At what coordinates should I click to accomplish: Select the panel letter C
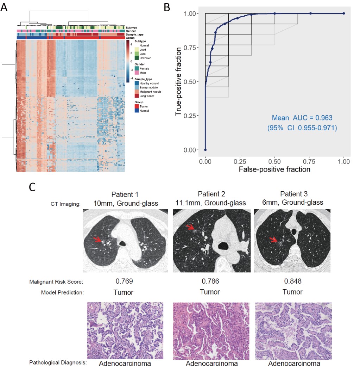[x=32, y=187]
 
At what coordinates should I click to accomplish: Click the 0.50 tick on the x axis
[x=274, y=161]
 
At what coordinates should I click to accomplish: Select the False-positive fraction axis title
[x=274, y=169]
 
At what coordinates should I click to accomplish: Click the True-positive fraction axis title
[x=180, y=82]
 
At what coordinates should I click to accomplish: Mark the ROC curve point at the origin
[x=205, y=150]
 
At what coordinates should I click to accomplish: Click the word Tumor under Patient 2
[x=210, y=292]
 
